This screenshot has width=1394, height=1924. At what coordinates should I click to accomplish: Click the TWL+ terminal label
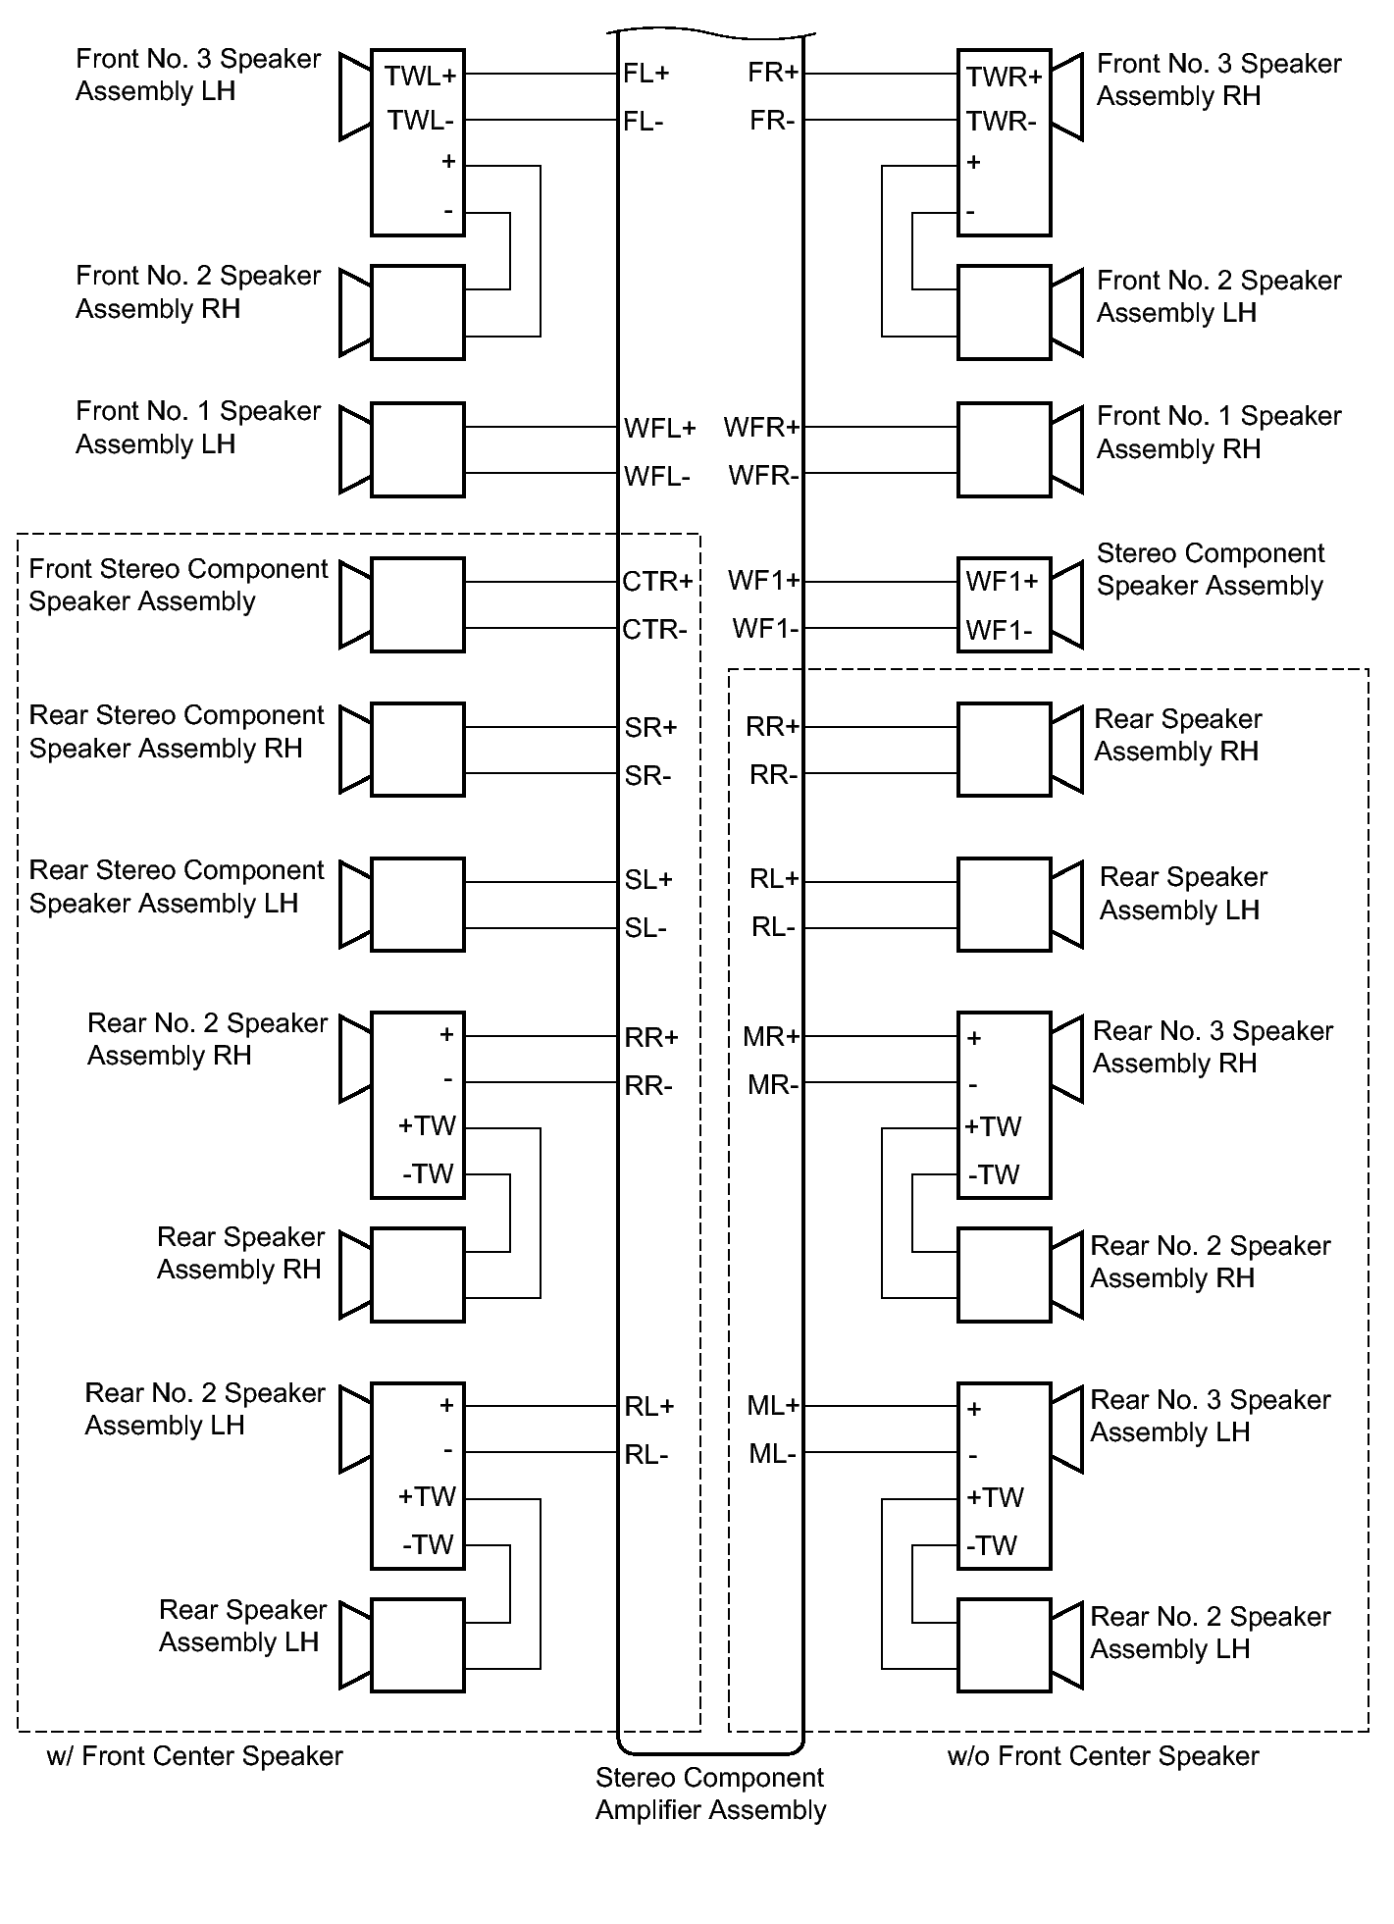tap(420, 77)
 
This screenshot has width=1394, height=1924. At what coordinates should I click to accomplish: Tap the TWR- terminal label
tap(1001, 122)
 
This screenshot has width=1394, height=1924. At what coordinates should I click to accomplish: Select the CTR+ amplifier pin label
tap(657, 582)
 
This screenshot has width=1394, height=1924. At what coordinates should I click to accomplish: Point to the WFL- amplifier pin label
tap(657, 477)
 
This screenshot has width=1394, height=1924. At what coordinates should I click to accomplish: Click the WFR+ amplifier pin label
tap(762, 428)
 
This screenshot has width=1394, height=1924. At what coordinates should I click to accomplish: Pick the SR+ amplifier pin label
tap(651, 728)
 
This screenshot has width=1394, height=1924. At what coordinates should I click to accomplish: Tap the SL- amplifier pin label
tap(645, 928)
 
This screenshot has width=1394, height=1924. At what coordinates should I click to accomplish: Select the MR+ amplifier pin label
tap(772, 1037)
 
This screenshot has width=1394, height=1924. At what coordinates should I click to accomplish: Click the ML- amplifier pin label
tap(773, 1454)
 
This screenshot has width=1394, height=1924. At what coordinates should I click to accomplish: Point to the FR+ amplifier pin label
tap(774, 73)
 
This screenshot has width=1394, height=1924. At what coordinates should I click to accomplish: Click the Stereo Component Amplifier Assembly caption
tap(711, 1794)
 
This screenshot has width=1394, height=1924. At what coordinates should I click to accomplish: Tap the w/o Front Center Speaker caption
tap(1103, 1756)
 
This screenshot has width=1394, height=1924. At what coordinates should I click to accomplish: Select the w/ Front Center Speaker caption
tap(194, 1756)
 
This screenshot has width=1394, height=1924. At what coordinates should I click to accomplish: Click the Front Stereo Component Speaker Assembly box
tap(418, 604)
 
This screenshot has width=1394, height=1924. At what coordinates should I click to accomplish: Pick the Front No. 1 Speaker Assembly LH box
tap(418, 449)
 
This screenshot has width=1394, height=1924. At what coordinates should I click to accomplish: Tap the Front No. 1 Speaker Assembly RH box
tap(1005, 449)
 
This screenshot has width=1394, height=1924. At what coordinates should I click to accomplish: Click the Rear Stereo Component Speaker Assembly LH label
tap(177, 887)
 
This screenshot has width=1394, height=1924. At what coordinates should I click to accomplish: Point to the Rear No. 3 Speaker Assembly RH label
tap(1213, 1047)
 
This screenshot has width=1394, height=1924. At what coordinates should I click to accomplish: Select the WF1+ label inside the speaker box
tap(1002, 582)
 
